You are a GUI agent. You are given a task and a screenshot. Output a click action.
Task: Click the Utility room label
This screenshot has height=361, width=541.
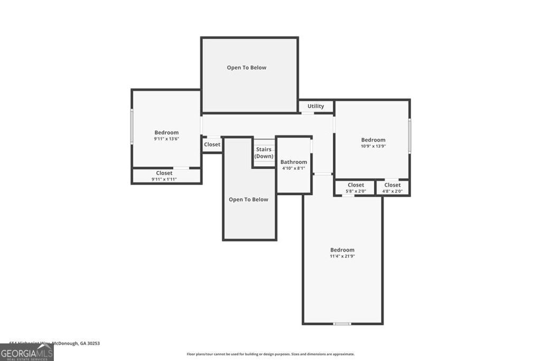point(316,106)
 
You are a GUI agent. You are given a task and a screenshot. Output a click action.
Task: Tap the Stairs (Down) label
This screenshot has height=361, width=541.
point(264,153)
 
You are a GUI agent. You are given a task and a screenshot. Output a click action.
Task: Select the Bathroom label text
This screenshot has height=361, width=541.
point(294,162)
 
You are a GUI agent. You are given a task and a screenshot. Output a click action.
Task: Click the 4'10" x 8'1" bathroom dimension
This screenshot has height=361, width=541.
point(294,169)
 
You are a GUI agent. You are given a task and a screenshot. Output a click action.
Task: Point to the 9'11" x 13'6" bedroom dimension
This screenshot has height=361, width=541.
point(166,139)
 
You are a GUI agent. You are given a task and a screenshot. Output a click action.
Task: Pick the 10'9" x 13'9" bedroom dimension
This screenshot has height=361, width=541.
point(373,146)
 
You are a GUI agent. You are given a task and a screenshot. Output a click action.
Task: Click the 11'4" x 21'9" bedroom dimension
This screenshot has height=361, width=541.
point(342,256)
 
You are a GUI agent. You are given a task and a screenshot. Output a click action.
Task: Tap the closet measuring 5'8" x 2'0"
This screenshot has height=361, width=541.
point(356,188)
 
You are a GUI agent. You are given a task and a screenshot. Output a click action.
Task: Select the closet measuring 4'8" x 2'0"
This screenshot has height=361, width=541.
point(393,188)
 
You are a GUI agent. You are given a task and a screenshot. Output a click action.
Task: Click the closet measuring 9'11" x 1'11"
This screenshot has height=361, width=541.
point(164,176)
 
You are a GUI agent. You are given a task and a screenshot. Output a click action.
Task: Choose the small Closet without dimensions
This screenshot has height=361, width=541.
point(212,145)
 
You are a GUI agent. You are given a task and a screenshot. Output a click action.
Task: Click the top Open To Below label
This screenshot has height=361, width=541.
point(247,68)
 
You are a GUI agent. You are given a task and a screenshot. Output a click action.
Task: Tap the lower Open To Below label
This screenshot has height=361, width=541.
point(248,200)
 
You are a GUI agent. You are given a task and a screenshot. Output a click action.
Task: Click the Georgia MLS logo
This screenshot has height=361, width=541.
point(26,353)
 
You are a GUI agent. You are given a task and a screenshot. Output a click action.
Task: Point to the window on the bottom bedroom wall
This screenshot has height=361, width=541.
point(342,323)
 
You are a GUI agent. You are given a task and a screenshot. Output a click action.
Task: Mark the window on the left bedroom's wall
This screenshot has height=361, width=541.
point(132,126)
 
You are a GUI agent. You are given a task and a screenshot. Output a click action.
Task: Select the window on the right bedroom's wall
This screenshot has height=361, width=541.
point(409,136)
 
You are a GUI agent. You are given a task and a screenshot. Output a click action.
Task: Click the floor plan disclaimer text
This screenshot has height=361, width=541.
point(270,354)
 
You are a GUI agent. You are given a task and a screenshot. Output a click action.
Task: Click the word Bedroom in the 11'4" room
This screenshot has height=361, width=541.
point(342,250)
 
